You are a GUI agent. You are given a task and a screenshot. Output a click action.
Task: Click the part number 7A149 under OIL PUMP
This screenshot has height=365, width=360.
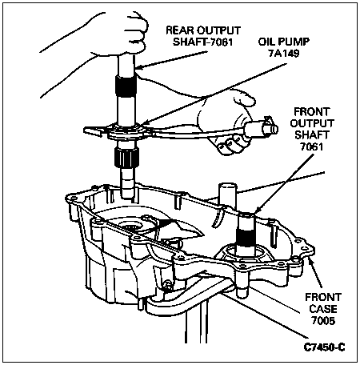[x=283, y=54]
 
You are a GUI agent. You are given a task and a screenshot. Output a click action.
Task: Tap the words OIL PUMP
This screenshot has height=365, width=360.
[x=283, y=42]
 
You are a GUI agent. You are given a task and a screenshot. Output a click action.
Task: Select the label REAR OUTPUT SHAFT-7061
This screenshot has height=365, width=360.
[x=203, y=36]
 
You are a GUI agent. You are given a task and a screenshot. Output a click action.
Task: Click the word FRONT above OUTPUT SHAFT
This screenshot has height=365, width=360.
[x=312, y=111]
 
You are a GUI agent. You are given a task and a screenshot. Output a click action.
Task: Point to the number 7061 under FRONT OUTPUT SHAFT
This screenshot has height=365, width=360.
[x=311, y=146]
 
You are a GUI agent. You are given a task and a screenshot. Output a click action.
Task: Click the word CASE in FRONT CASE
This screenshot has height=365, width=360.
[x=323, y=309]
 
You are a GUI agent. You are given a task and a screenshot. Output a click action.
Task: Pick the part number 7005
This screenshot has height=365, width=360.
[x=323, y=321]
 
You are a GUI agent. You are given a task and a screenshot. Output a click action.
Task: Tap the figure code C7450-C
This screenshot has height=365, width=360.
[x=324, y=347]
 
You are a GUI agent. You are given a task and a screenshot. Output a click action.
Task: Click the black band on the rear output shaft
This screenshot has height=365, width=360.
[x=126, y=86]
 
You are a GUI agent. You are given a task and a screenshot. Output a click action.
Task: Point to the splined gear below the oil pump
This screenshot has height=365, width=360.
[x=126, y=158]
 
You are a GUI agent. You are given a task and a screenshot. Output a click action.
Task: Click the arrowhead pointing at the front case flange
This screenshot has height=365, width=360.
[x=310, y=263]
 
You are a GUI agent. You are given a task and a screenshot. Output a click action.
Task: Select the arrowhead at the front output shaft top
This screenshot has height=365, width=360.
[x=257, y=210]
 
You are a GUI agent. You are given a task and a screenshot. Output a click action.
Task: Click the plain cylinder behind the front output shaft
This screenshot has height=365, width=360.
[x=227, y=198]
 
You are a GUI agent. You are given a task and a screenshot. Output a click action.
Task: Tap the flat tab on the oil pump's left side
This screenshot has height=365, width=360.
[x=94, y=130]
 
